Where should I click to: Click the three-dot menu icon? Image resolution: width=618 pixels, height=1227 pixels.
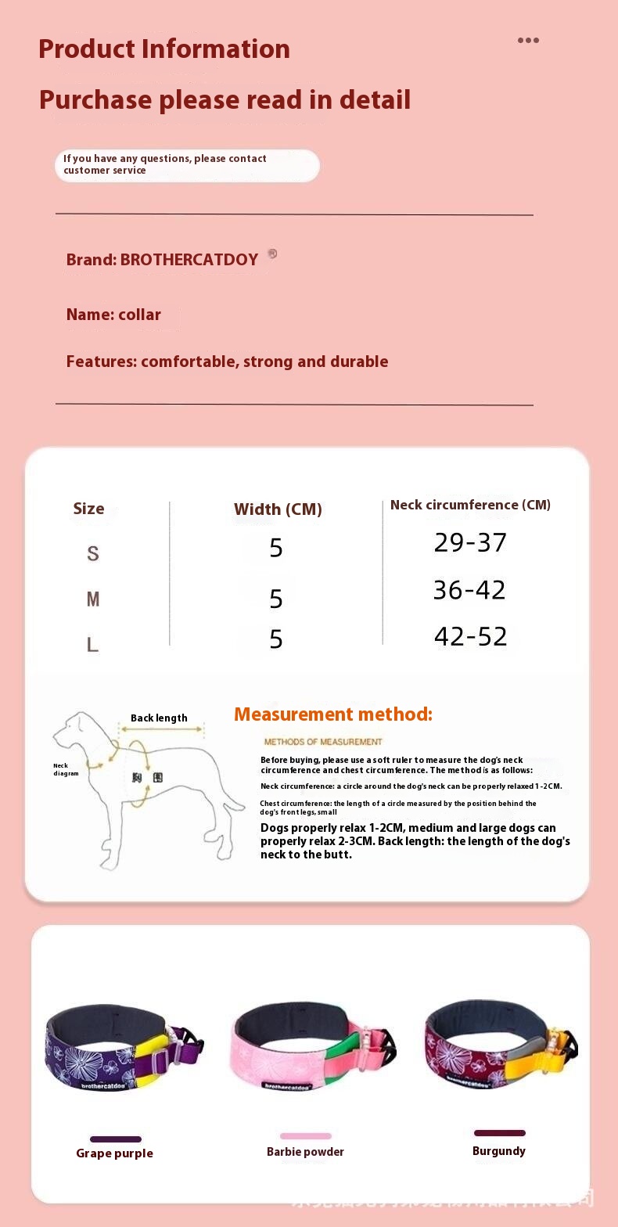coord(528,41)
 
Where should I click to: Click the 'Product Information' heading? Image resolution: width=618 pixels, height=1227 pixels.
coord(164,49)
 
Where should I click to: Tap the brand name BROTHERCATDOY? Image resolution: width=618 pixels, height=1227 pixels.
coord(189,260)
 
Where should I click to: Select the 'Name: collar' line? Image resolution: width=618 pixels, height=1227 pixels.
coord(113,315)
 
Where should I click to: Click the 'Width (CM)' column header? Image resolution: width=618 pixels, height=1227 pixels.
coord(278,509)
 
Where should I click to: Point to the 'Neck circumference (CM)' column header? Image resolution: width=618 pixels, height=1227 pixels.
coord(470,506)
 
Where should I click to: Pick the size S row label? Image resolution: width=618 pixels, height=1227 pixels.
coord(93,554)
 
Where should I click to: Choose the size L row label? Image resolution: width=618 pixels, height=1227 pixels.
coord(92,645)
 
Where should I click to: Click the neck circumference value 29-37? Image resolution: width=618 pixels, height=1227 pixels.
coord(470,543)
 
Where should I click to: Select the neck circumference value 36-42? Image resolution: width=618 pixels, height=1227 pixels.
coord(469,590)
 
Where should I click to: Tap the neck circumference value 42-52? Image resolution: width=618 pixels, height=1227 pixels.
coord(470,637)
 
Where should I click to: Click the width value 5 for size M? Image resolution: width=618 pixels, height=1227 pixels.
coord(276,599)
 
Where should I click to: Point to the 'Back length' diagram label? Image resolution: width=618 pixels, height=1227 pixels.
coord(159,718)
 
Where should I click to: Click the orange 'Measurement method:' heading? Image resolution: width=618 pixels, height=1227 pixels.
coord(333,714)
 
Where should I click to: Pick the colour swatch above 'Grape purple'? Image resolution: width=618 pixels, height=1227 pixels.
coord(116,1139)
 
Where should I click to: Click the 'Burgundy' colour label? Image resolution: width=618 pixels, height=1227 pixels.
coord(499,1151)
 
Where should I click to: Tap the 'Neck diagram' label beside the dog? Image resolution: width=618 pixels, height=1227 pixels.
coord(66,770)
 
